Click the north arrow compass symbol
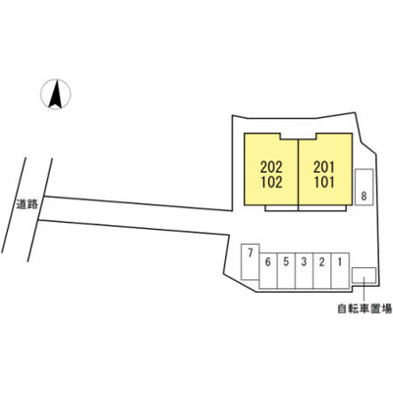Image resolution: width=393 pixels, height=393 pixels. [55, 94]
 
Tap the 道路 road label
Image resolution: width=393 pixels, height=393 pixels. [28, 204]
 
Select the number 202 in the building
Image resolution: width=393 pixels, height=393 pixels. [271, 168]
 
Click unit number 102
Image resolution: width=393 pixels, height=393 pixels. [271, 183]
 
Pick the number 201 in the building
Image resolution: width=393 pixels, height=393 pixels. [324, 168]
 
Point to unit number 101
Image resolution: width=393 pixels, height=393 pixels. [324, 183]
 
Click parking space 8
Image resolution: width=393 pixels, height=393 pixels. [365, 188]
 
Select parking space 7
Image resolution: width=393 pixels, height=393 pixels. [251, 261]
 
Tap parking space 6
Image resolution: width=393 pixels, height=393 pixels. [268, 270]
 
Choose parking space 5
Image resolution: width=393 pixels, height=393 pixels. [286, 270]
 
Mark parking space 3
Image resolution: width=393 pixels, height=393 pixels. [305, 270]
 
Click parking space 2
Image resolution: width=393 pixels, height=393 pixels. [322, 270]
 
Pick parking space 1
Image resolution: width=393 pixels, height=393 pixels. [340, 270]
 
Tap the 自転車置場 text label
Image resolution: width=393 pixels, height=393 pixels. [365, 309]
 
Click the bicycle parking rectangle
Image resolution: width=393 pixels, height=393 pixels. [364, 275]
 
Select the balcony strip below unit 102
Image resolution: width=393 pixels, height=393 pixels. [282, 207]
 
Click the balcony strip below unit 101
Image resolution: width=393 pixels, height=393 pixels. [322, 207]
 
